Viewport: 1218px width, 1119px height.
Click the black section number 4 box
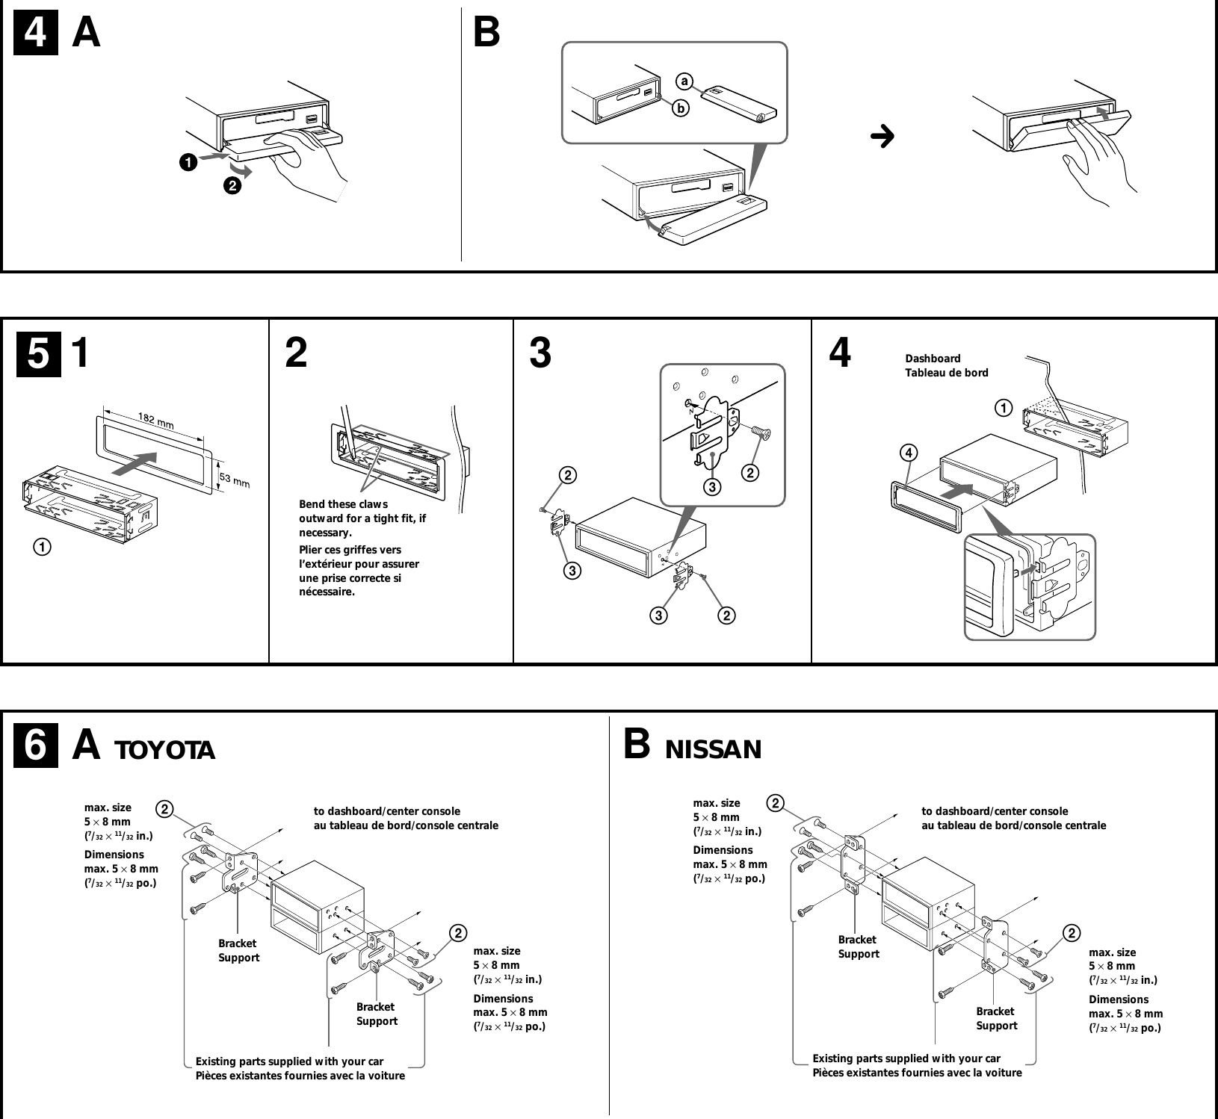36,35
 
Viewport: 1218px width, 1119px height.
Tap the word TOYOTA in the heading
164,750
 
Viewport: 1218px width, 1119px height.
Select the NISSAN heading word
713,748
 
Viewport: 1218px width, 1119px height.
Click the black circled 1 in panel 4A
188,161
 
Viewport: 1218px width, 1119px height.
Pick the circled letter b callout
680,109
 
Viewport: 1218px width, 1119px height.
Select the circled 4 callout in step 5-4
909,453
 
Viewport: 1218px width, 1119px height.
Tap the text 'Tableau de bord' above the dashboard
946,373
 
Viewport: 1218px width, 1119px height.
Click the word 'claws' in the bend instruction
373,504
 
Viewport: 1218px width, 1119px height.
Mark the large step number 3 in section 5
540,353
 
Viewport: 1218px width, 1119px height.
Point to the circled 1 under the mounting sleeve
41,547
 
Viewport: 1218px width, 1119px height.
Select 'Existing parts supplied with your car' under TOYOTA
289,1061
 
